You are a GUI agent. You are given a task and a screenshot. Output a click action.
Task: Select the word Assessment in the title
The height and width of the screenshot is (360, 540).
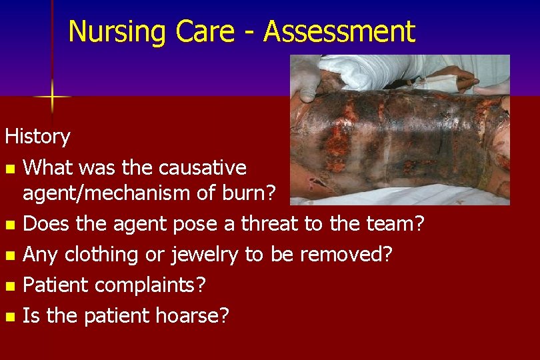click(x=340, y=31)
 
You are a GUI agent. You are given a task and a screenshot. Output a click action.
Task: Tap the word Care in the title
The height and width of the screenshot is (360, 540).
click(x=209, y=31)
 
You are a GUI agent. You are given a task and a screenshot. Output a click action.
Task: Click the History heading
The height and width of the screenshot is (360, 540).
click(x=37, y=137)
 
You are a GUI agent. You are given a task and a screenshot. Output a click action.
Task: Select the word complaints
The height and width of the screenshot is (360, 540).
click(x=151, y=284)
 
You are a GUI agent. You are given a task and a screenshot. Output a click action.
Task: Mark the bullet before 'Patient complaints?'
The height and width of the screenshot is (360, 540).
click(x=9, y=285)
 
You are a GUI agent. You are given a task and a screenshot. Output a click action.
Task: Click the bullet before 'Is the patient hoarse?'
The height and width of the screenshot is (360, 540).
click(x=9, y=315)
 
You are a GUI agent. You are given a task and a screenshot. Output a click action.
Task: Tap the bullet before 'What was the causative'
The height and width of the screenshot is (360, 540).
click(x=9, y=167)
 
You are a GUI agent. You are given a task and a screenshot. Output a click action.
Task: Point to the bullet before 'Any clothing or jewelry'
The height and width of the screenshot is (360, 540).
click(x=9, y=255)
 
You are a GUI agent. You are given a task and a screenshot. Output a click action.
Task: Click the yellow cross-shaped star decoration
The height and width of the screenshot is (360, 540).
click(x=53, y=97)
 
